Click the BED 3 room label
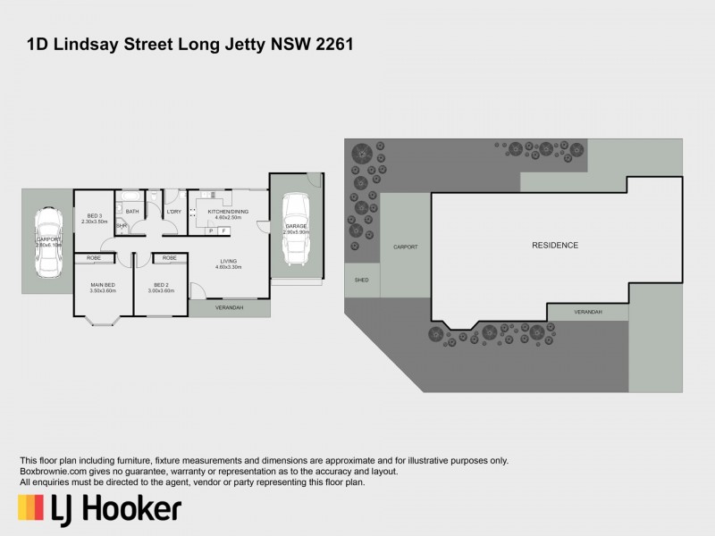coord(94,215)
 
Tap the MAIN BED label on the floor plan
coord(104,286)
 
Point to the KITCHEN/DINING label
coord(228,212)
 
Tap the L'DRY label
coord(174,212)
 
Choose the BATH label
coord(132,212)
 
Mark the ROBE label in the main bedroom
coord(94,258)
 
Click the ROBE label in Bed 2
coord(170,258)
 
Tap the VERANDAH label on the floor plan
coord(229,308)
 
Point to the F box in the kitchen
coord(223,230)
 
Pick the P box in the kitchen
coord(211,230)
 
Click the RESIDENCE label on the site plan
coord(555,246)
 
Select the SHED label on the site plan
coord(362,280)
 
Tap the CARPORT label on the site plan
coord(406,247)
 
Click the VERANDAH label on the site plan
coord(587,312)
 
